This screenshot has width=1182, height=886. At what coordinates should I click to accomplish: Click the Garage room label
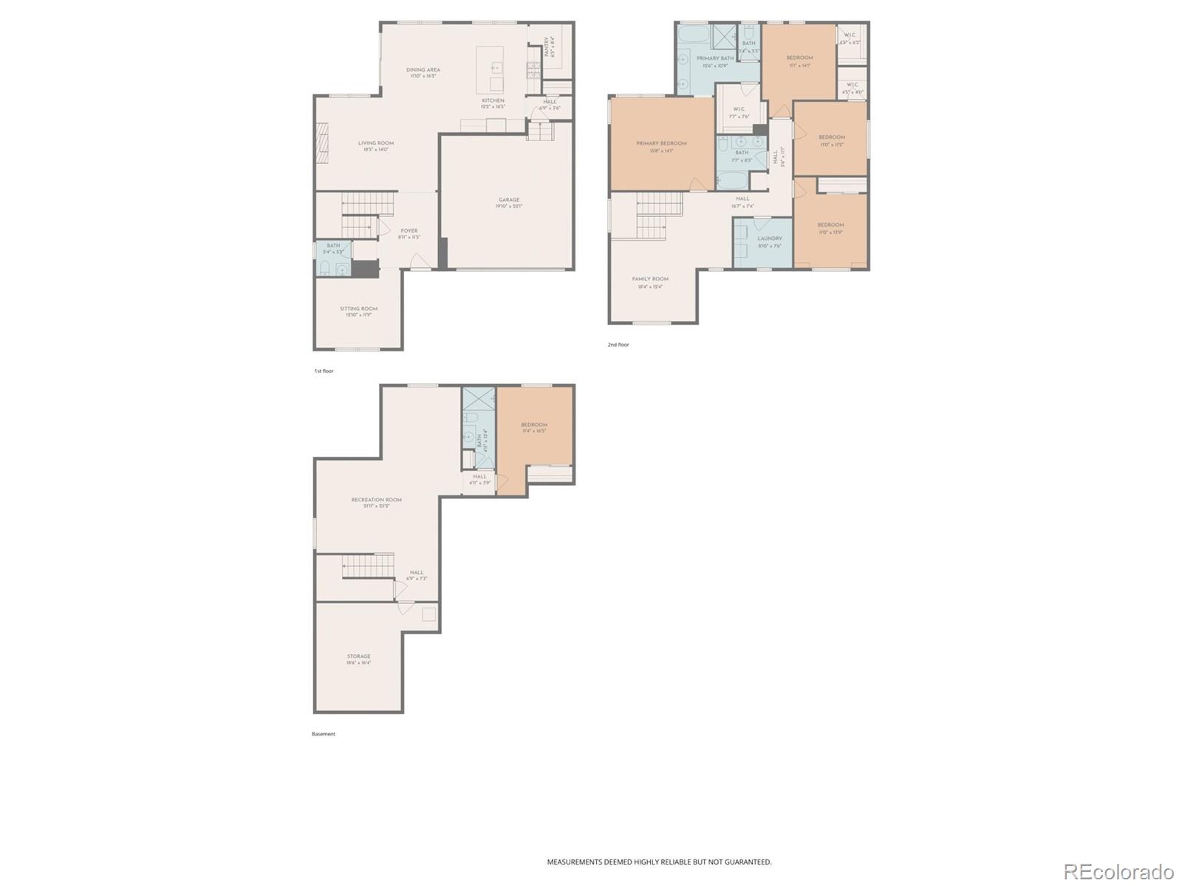tap(508, 200)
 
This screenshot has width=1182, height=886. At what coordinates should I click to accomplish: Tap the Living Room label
tap(375, 143)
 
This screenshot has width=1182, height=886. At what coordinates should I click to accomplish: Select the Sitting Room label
tap(358, 309)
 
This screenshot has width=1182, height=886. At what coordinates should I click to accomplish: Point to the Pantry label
tap(547, 47)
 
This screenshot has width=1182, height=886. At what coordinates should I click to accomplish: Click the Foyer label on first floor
tap(409, 231)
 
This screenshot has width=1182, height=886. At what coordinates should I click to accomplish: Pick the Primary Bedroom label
tap(661, 143)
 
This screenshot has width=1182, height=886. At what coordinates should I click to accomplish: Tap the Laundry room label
tap(769, 238)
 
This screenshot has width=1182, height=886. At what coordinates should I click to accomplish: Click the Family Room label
tap(650, 279)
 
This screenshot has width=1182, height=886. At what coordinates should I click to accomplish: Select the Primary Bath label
tap(714, 58)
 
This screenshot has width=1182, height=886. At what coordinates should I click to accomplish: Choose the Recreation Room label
tap(376, 500)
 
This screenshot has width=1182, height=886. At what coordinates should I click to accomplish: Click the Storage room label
tap(358, 656)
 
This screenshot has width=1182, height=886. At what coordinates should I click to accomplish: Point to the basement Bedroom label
tap(534, 425)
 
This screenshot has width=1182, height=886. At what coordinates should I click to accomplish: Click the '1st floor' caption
tap(324, 371)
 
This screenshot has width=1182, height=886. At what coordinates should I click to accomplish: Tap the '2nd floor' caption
tap(618, 345)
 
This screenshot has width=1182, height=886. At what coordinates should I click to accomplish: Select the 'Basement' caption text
tap(323, 734)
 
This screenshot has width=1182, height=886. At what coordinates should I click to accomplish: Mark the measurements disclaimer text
tap(659, 862)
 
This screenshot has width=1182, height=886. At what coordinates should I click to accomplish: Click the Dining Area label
tap(423, 70)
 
